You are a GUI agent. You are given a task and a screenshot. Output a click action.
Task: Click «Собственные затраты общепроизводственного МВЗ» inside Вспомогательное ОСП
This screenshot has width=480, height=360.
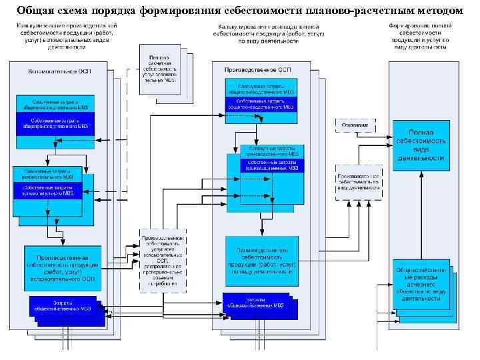55,122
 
